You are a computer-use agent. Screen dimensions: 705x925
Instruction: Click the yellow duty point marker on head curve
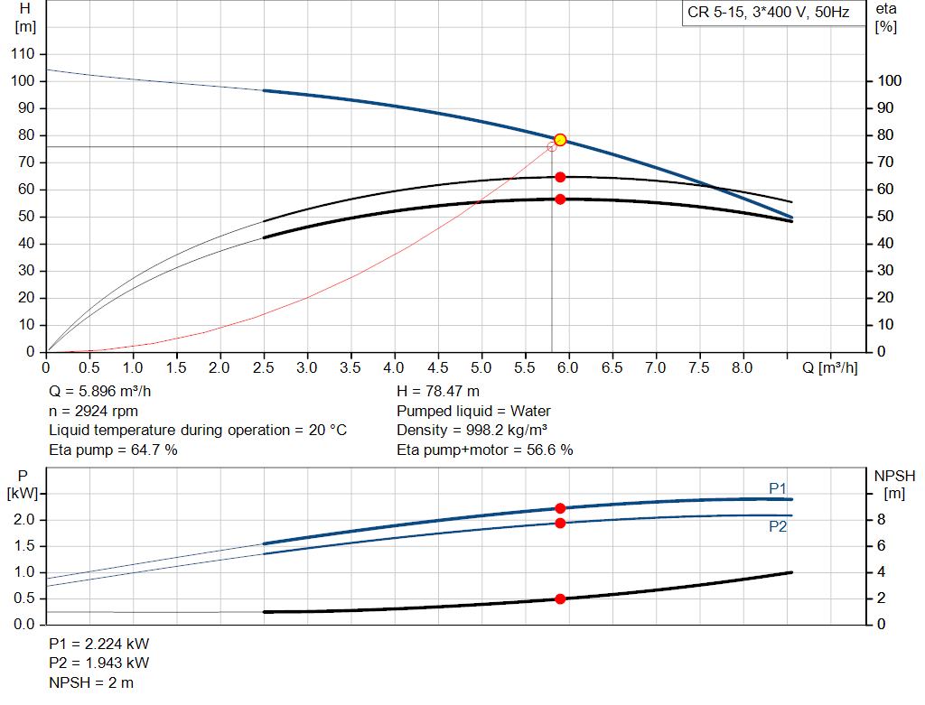(x=560, y=140)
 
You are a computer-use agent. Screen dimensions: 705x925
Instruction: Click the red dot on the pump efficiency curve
(x=560, y=177)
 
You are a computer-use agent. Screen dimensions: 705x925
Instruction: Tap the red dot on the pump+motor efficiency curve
(x=560, y=199)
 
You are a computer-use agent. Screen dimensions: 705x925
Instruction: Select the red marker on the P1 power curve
(x=560, y=508)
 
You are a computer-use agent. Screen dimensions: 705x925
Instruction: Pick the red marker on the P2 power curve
(x=560, y=523)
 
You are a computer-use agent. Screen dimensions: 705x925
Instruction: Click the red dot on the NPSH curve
(x=560, y=598)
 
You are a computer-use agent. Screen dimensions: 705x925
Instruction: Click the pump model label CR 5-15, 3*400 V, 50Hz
(x=769, y=14)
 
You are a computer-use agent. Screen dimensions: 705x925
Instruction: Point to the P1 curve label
(x=778, y=488)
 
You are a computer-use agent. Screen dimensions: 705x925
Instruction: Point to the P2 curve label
(x=778, y=527)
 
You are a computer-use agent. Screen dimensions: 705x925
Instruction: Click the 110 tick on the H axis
(x=23, y=54)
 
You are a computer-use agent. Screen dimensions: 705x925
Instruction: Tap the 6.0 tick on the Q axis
(x=568, y=368)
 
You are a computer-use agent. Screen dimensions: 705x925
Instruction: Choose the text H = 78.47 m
(x=438, y=392)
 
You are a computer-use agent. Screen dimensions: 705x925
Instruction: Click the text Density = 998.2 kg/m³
(x=472, y=430)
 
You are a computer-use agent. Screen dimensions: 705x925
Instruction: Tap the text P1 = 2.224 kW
(x=99, y=645)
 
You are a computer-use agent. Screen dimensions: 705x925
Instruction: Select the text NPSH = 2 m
(x=91, y=682)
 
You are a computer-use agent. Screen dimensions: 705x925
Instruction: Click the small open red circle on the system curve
(x=552, y=146)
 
